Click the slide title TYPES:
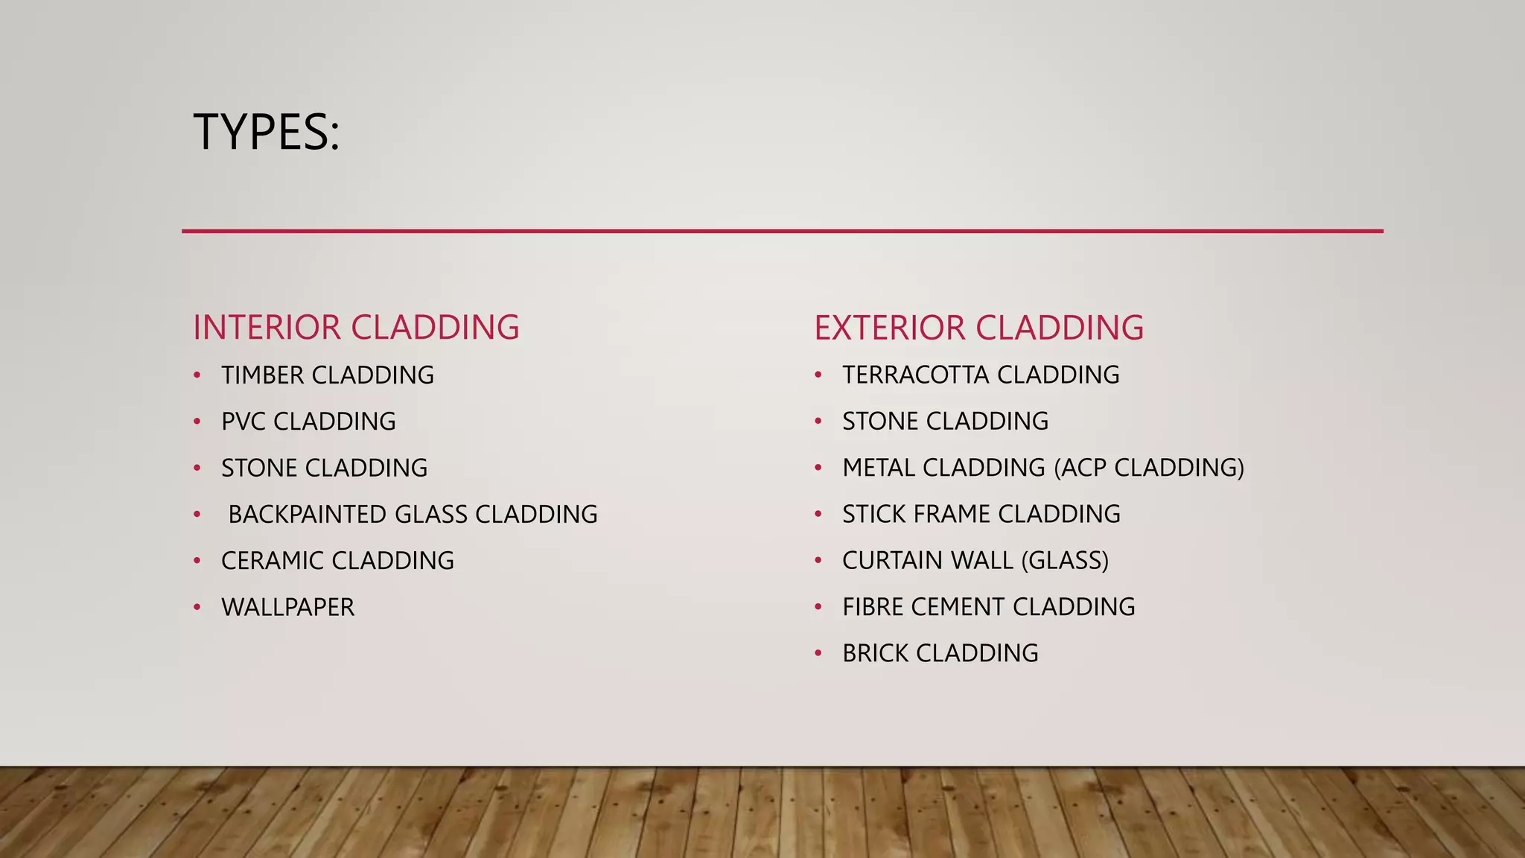coord(267,133)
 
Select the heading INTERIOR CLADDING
coord(356,328)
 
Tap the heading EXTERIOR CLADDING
coord(978,328)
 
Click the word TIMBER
coord(263,375)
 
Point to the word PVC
coord(243,422)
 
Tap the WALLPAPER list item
coord(287,608)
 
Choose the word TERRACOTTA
coord(916,375)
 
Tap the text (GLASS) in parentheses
coord(1065,560)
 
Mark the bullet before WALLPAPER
coord(197,608)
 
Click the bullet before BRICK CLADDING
coord(818,653)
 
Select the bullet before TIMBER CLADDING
coord(197,375)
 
